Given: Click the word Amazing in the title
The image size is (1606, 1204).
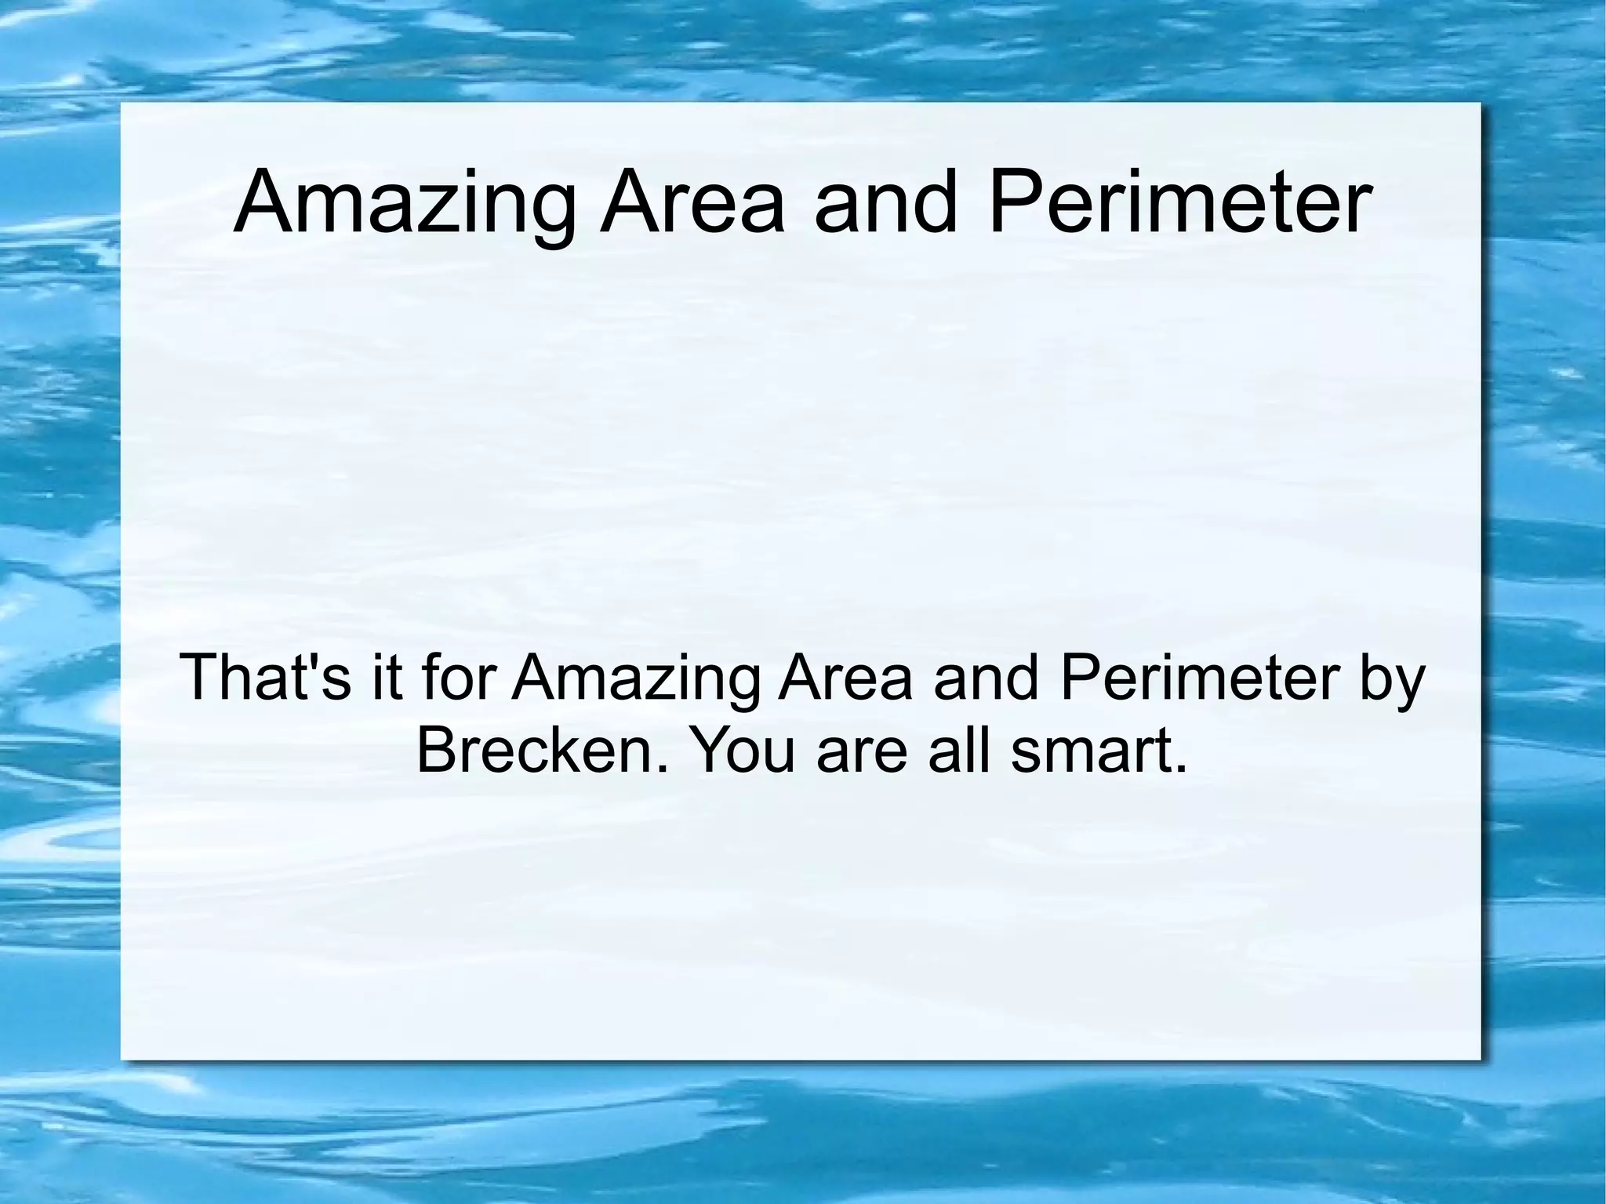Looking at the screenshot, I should pos(404,204).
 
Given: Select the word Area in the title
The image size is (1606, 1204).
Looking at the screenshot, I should pos(692,204).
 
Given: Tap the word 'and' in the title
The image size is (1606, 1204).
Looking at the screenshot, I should pos(886,204).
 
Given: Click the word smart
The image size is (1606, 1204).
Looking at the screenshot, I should pos(1090,749).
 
